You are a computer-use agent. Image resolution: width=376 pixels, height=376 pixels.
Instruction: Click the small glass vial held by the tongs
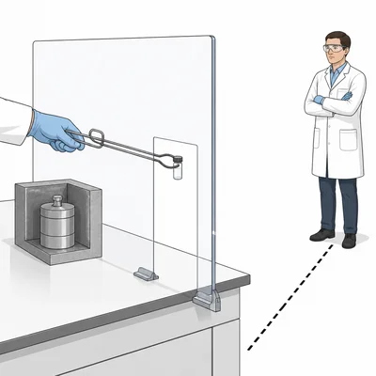pos(179,167)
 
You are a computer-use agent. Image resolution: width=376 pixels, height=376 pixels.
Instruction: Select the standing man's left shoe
pos(350,240)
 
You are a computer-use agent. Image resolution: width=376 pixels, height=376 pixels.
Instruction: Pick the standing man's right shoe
pos(321,235)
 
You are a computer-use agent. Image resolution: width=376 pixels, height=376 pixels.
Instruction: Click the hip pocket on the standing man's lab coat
pos(350,141)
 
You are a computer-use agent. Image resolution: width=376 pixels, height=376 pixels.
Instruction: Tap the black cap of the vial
pos(179,160)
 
